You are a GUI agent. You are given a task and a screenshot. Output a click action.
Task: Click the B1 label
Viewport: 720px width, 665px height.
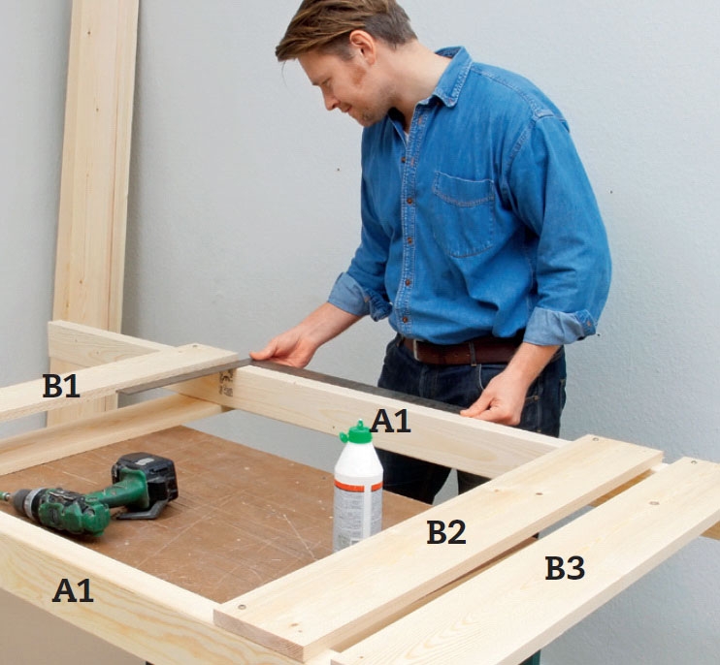tap(61, 386)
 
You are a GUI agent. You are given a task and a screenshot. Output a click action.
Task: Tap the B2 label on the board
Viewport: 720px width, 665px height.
tap(445, 532)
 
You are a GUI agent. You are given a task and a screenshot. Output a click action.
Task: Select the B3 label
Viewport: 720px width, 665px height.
tap(565, 568)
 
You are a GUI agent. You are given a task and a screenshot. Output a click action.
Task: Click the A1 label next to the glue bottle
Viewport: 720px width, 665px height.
tap(390, 421)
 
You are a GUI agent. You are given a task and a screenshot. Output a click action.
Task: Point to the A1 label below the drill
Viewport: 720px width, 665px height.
tap(73, 590)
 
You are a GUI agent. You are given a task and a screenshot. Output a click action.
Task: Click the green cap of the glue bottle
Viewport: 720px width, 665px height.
tap(357, 432)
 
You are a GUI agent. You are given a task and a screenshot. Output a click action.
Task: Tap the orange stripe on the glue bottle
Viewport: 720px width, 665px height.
tap(358, 486)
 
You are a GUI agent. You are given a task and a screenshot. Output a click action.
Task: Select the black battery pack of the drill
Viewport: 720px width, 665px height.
tap(146, 478)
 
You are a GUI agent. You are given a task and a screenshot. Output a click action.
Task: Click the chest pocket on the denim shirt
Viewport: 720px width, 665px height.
tap(465, 213)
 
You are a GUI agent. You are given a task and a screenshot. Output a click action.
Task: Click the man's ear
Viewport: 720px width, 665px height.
tap(364, 47)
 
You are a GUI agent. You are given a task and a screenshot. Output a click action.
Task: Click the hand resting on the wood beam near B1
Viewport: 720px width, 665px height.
tap(289, 348)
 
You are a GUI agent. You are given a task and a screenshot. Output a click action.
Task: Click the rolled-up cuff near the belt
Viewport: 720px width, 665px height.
tap(559, 327)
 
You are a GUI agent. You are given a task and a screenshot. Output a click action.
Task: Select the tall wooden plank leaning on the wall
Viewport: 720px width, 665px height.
tap(94, 183)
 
